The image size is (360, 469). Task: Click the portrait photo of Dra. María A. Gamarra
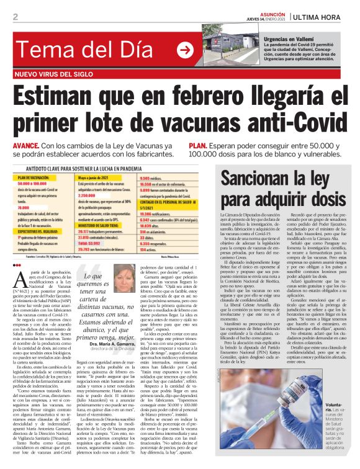tap(125, 279)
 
